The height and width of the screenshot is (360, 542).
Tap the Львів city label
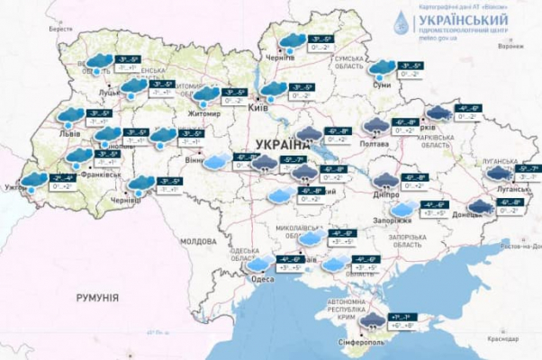[x=69, y=133]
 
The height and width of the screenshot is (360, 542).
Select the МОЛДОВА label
[x=198, y=241]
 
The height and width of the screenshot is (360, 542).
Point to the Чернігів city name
[x=280, y=56]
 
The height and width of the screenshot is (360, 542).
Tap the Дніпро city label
[x=384, y=192]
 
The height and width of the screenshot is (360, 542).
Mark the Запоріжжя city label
[x=392, y=220]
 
